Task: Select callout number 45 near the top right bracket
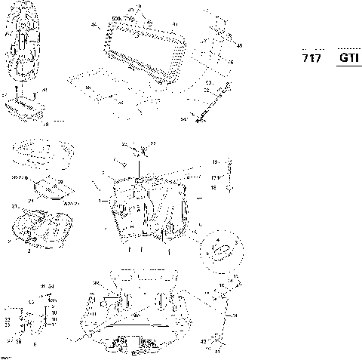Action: pyautogui.click(x=240, y=46)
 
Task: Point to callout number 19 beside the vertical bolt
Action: pyautogui.click(x=215, y=162)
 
